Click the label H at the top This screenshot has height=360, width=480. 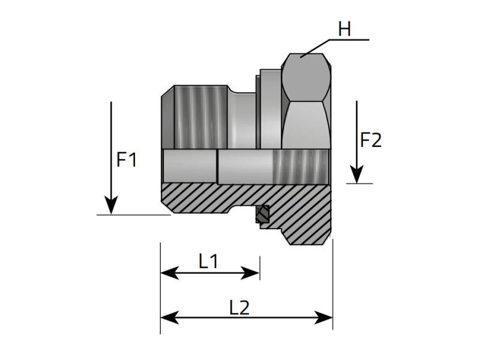coord(344,29)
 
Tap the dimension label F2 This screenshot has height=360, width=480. coord(371,140)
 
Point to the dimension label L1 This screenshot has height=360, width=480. coord(208,261)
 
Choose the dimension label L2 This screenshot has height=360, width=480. coord(239,307)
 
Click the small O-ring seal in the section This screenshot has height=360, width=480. coord(262,215)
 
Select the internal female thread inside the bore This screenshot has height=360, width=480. coord(300,166)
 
